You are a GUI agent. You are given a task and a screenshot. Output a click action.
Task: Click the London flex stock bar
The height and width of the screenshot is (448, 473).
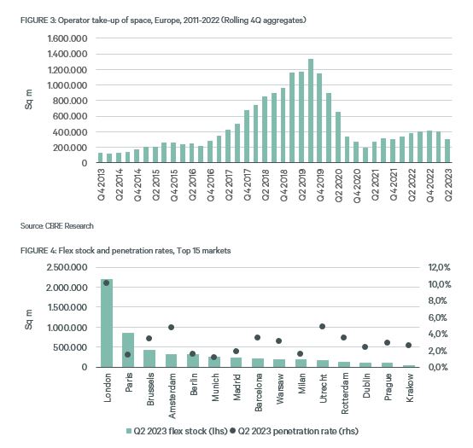coord(107,323)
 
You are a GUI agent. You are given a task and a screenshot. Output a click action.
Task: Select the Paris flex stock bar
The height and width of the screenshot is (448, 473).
coord(128,350)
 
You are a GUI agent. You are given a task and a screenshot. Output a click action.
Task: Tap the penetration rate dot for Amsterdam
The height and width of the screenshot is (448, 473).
coord(172,327)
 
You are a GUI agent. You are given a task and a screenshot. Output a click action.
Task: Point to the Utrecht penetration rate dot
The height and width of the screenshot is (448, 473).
coord(322,326)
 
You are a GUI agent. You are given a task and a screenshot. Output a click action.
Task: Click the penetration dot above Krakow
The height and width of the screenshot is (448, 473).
coord(408,346)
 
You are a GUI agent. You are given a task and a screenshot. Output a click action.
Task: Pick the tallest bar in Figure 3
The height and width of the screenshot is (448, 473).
coord(311,111)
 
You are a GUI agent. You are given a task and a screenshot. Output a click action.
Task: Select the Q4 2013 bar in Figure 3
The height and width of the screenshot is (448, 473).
coord(101,158)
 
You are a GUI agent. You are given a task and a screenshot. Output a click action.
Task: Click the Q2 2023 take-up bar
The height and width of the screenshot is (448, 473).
coord(447,151)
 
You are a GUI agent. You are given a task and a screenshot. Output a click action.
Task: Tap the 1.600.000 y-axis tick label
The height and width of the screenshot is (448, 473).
coord(67,38)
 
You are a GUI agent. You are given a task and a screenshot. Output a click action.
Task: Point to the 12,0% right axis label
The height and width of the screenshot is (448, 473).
coord(439,267)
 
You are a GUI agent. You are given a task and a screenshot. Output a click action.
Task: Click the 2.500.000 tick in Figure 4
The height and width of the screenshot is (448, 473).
coord(67,267)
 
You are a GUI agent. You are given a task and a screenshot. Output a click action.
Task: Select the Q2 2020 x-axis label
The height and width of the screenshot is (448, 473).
coord(338,185)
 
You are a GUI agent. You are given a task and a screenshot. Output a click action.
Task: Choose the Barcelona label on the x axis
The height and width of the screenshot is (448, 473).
coord(259,392)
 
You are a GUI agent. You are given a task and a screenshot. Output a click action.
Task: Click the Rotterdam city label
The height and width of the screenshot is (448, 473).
coord(345,393)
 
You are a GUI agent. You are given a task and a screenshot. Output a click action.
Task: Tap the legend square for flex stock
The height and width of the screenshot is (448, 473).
coord(129,431)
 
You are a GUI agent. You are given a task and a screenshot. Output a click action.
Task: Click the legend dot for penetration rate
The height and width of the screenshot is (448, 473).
coord(232,431)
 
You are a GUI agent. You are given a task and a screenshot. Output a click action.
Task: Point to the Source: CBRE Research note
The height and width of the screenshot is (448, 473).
coord(57,226)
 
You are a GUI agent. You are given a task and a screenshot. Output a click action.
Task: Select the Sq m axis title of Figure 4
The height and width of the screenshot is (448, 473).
coord(29,319)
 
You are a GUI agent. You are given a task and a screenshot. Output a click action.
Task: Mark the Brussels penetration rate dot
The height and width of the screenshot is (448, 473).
coord(149,338)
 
